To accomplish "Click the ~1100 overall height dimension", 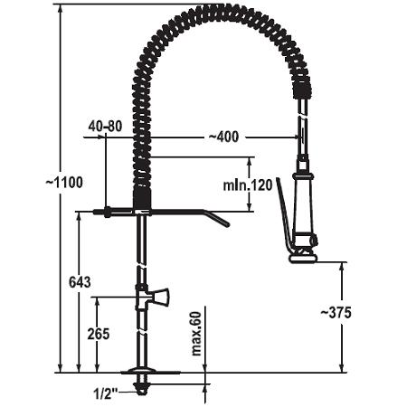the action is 64,183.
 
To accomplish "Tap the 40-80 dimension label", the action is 105,126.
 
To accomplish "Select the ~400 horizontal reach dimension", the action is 223,137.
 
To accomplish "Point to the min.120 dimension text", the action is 248,185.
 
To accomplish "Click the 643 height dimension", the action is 80,282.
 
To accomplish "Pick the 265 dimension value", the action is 99,334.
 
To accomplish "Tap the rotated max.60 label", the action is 196,334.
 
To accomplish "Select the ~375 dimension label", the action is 336,313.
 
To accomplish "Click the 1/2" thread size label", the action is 105,393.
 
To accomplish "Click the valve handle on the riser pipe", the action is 160,297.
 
